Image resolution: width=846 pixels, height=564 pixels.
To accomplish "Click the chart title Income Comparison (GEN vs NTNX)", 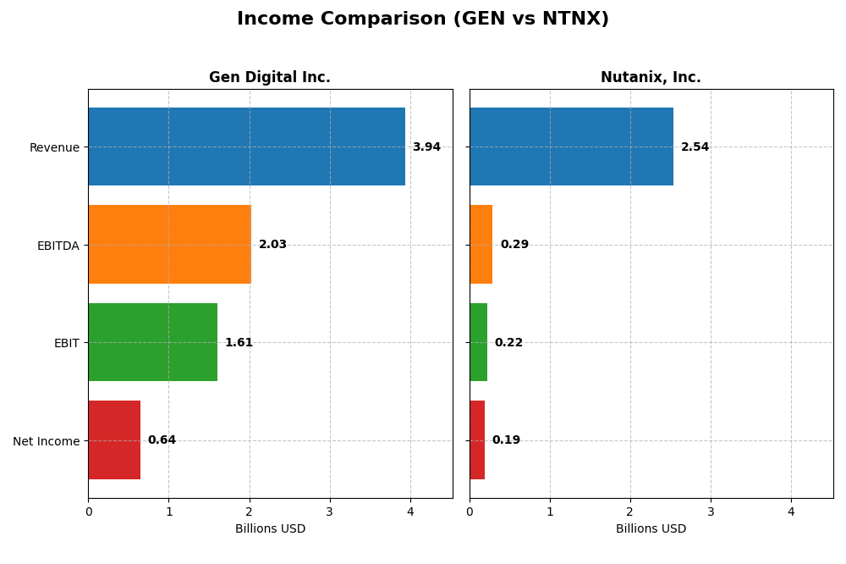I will pos(422,19).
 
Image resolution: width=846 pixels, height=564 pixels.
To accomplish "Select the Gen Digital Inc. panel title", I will pos(269,77).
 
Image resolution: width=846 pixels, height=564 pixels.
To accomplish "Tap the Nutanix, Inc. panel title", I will pos(651,77).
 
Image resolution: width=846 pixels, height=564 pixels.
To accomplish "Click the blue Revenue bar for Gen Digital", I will pos(246,147).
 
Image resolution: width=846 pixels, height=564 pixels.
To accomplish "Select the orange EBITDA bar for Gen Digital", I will pos(169,245).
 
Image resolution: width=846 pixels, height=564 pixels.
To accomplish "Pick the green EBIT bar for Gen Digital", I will pos(152,342).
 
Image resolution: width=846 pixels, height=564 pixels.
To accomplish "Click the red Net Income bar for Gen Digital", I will pos(114,440).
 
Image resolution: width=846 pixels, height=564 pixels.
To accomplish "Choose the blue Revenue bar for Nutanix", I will pos(571,147).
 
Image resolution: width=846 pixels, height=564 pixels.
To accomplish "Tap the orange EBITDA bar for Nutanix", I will pos(481,245).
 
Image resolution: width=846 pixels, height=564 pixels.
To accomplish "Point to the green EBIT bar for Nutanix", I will pos(478,342).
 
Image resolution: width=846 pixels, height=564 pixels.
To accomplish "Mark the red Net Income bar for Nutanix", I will pos(477,440).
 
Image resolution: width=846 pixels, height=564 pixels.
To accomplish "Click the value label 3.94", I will pos(426,147).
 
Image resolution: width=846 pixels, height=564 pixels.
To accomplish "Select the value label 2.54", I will pos(695,147).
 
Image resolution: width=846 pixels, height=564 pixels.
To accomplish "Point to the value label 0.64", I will pos(162,440).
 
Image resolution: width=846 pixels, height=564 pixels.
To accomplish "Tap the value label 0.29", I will pos(514,245).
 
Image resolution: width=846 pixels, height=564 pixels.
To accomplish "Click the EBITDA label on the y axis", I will pos(58,246).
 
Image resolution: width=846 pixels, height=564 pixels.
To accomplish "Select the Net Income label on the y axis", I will pos(46,441).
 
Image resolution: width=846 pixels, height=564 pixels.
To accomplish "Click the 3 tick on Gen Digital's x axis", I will pos(330,511).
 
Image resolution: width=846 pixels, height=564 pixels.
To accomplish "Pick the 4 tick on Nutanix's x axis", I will pos(791,511).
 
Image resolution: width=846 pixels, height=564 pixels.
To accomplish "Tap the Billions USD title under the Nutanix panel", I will pos(651,528).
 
